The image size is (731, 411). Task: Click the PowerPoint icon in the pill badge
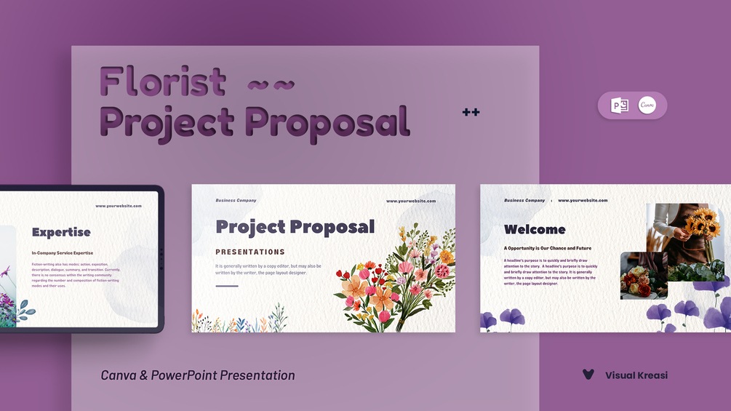click(x=620, y=105)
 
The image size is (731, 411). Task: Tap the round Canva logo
click(x=647, y=105)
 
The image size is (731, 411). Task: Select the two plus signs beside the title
click(x=471, y=112)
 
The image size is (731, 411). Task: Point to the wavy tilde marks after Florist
click(x=271, y=85)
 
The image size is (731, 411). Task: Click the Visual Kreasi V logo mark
click(x=588, y=375)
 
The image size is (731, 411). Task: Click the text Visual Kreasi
click(x=636, y=375)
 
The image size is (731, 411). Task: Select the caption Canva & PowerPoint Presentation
click(x=198, y=375)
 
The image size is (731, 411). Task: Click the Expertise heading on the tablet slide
click(x=61, y=232)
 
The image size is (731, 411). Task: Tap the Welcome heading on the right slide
click(x=535, y=229)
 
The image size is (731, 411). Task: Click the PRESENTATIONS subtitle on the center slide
click(x=250, y=252)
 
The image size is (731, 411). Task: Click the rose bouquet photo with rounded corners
click(x=644, y=276)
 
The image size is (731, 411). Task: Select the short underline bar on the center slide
click(x=227, y=286)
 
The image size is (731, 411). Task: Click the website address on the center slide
click(x=411, y=201)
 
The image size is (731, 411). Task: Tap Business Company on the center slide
click(x=236, y=200)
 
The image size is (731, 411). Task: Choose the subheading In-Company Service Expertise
click(x=63, y=252)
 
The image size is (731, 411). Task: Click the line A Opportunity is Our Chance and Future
click(x=548, y=248)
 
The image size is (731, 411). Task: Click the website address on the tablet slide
click(x=119, y=206)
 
